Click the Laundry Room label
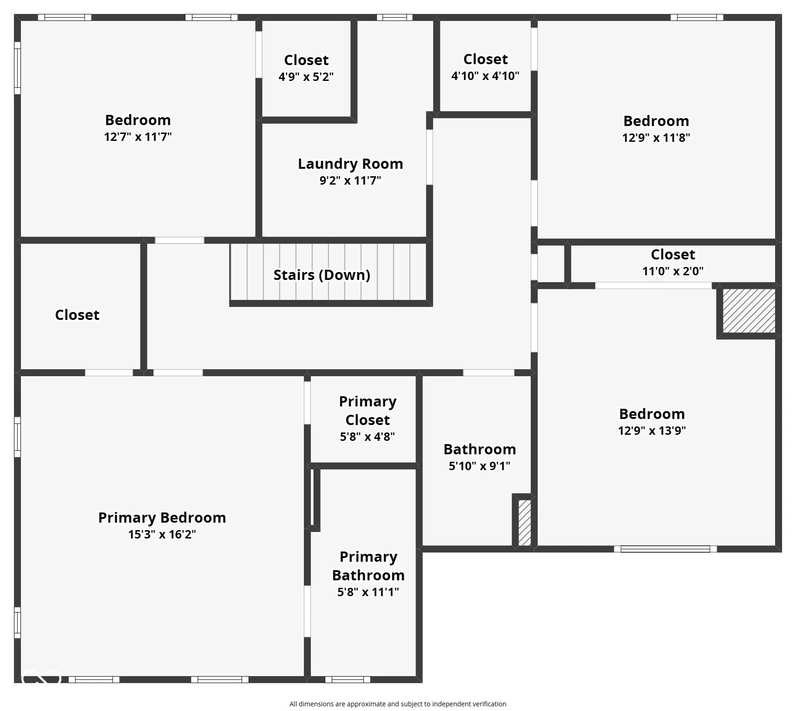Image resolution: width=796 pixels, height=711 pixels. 350,164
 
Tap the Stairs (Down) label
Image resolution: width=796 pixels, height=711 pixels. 322,275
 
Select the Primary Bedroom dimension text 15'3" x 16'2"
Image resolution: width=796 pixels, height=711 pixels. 162,534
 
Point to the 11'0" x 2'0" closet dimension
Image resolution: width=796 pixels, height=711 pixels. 673,271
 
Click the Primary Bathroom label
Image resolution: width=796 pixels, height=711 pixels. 368,566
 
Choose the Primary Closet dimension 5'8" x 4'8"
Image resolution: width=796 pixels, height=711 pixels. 368,437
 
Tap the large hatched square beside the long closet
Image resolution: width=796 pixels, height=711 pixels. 749,311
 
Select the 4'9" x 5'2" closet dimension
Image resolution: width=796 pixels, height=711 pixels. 306,77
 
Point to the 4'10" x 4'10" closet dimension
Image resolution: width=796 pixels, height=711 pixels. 485,76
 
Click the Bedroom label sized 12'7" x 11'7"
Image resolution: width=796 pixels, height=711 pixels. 138,120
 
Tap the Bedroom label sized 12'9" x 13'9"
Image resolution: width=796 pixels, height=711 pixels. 652,414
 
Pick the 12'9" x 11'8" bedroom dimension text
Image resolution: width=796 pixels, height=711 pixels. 656,138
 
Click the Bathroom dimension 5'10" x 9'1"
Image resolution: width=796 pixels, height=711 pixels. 480,466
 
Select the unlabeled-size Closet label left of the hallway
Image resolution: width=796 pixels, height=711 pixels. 77,315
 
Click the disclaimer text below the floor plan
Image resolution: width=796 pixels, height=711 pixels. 398,704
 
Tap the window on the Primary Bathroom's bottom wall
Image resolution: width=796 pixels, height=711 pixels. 348,679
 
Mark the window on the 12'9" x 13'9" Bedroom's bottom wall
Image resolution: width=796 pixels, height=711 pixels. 665,549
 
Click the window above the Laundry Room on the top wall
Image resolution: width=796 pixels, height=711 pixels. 395,18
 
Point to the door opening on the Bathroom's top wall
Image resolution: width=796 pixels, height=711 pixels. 489,372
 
